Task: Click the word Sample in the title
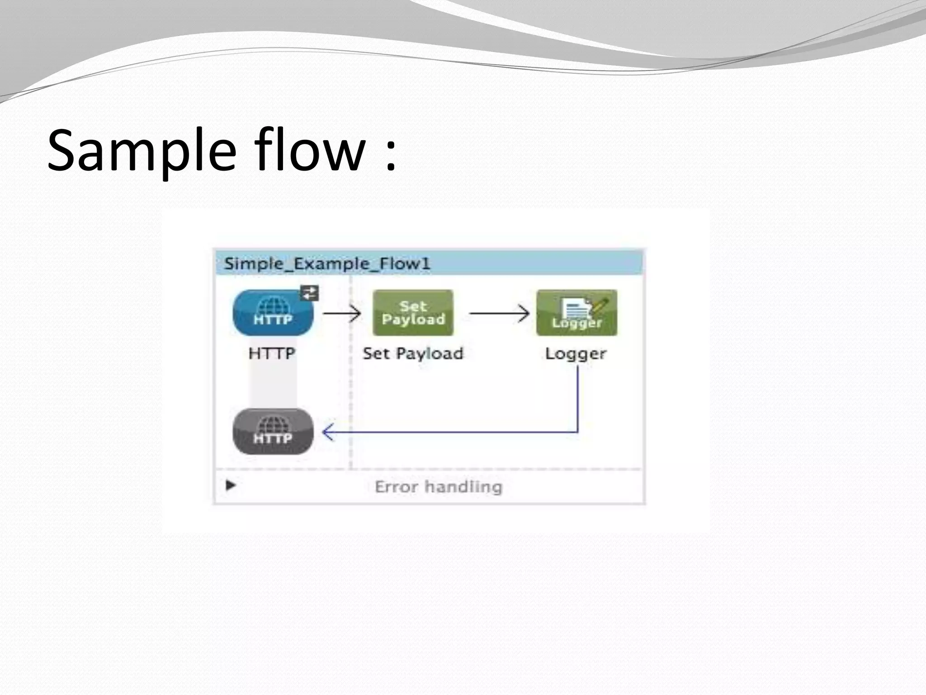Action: click(142, 151)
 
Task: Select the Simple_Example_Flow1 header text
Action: click(327, 264)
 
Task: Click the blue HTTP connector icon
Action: click(273, 313)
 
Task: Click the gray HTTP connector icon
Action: click(273, 432)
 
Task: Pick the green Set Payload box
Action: click(413, 313)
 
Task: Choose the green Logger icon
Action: click(576, 313)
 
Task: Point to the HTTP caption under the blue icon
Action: click(272, 353)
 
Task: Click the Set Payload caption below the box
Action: click(413, 353)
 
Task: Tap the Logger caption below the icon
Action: click(576, 353)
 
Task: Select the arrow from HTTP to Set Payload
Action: click(342, 313)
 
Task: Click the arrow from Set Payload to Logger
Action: click(499, 313)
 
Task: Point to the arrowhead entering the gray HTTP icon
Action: click(327, 432)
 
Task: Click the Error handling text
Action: click(438, 487)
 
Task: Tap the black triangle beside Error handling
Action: click(231, 486)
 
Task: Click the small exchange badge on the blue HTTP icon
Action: click(310, 293)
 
